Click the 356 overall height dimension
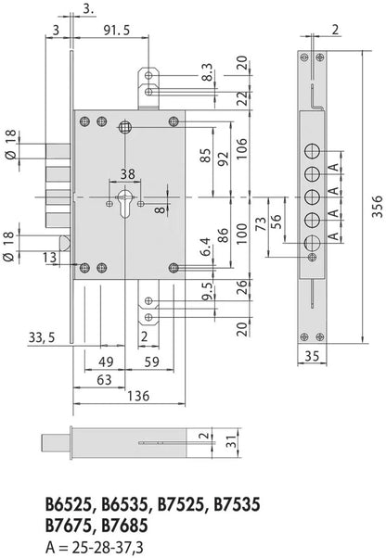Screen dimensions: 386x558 click(377, 206)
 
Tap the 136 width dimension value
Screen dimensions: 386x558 click(138, 396)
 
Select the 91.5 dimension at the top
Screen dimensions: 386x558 click(117, 31)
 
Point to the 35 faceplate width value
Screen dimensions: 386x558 click(312, 356)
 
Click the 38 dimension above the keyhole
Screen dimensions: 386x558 click(127, 174)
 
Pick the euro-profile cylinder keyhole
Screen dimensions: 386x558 click(125, 202)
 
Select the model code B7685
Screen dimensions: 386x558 click(124, 526)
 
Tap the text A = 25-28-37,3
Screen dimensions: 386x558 click(95, 547)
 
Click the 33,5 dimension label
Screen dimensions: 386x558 click(42, 337)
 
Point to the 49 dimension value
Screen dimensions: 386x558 click(106, 361)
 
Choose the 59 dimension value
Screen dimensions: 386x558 click(151, 361)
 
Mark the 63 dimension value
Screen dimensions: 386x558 click(104, 380)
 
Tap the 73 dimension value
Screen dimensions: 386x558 click(261, 223)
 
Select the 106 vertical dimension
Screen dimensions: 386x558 click(242, 148)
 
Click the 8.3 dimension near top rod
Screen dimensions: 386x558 click(208, 72)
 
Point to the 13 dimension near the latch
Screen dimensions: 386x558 click(49, 258)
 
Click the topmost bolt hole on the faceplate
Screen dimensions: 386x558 click(313, 152)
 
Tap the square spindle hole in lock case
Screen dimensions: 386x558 click(125, 126)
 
